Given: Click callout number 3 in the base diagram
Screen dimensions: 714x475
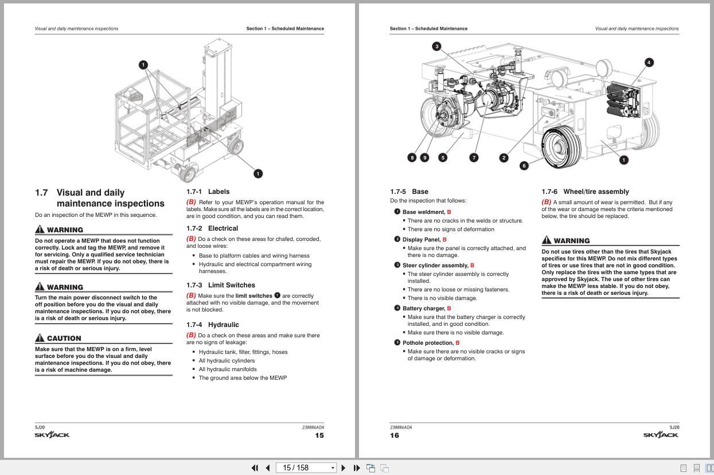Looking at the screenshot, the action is point(436,46).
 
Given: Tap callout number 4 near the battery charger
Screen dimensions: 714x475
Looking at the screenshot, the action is point(649,63).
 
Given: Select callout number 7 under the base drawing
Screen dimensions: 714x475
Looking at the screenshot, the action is point(474,158).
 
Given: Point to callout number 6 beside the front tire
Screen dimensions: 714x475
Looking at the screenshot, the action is point(524,166).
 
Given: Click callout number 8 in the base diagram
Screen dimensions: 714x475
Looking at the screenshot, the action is point(412,158).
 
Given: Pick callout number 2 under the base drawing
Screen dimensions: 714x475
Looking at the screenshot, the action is point(504,158).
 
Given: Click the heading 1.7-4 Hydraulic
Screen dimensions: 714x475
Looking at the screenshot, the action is point(213,325).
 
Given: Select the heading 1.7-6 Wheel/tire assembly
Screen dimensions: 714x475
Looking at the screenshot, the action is point(585,192).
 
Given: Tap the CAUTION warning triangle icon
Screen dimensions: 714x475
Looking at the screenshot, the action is point(40,337).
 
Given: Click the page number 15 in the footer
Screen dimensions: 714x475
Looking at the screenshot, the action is point(319,435).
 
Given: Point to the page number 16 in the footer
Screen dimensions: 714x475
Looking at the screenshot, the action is point(395,435).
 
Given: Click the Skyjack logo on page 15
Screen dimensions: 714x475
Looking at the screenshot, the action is point(52,435).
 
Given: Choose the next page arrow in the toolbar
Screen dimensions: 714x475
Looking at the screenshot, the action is point(344,468).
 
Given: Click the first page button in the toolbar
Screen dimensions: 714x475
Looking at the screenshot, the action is point(255,468).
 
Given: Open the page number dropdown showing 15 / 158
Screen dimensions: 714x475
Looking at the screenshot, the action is point(333,468).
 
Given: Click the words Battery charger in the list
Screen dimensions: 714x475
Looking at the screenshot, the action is point(424,308).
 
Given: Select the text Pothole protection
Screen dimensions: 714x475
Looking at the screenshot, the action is point(428,342).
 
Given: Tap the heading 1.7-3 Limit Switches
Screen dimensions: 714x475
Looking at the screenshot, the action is point(221,285).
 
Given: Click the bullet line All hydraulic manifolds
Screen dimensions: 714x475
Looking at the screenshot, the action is point(228,369).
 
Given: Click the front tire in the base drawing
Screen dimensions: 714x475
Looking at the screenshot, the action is point(561,147).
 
